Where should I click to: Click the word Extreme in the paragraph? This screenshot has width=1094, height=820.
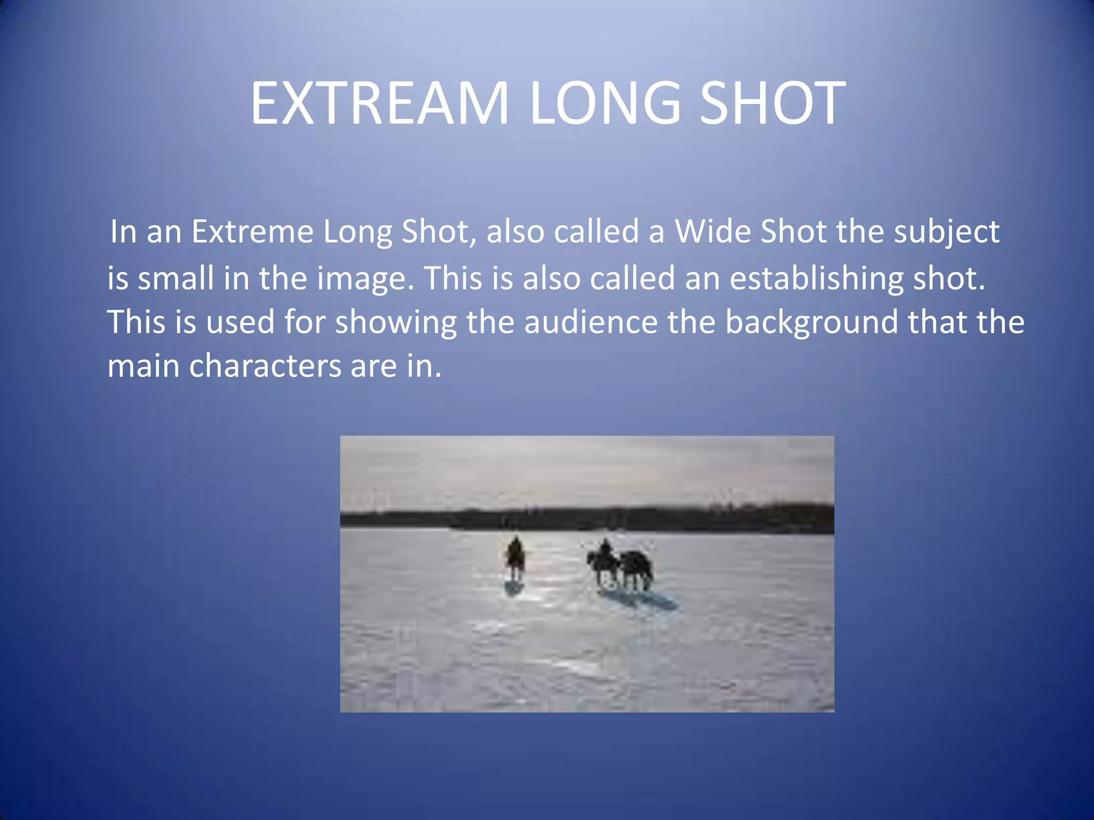tap(252, 232)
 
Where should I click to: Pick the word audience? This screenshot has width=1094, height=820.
tap(590, 322)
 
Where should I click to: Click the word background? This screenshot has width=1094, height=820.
tap(811, 323)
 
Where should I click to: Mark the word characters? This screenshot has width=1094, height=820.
tap(265, 366)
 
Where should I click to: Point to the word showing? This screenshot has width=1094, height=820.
tap(396, 323)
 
